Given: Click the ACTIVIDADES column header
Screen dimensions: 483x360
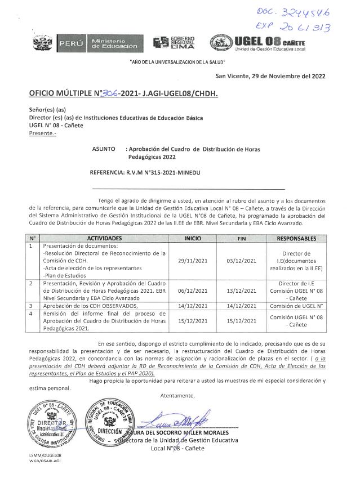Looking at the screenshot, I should [x=105, y=239].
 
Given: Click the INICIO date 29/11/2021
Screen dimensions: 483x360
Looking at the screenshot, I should [x=192, y=261].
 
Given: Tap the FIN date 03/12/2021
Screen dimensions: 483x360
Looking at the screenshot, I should [x=241, y=261].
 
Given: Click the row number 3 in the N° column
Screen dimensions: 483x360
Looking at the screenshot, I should [x=31, y=305].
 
